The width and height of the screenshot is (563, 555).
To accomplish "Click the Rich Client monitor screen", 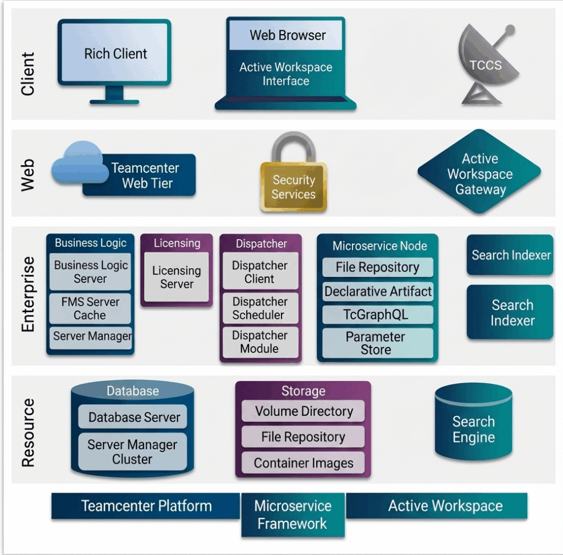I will click(x=115, y=53).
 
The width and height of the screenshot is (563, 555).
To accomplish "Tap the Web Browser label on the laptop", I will click(x=287, y=35).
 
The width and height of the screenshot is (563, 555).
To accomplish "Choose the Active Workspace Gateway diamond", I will click(x=479, y=174).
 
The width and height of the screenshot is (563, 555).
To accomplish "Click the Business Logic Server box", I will click(x=90, y=271).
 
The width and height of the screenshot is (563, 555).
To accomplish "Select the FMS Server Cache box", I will click(x=90, y=308).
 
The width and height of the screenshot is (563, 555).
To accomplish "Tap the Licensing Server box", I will click(x=176, y=277).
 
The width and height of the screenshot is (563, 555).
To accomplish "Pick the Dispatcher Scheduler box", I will click(x=260, y=308).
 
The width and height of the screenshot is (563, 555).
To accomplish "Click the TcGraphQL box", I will click(x=377, y=314).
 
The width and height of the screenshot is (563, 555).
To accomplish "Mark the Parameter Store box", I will click(x=377, y=343).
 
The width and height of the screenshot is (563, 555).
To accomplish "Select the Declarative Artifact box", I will click(x=378, y=291).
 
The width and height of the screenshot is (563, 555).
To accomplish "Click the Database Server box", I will click(x=134, y=417).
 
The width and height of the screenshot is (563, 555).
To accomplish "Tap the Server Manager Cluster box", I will click(x=133, y=451).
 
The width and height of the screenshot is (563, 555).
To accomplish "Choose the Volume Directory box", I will click(x=303, y=411).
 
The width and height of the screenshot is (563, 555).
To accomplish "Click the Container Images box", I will click(x=303, y=463).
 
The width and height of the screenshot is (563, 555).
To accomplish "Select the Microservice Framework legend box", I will click(x=292, y=515).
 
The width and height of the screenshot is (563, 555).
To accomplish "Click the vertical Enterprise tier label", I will click(x=28, y=294).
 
